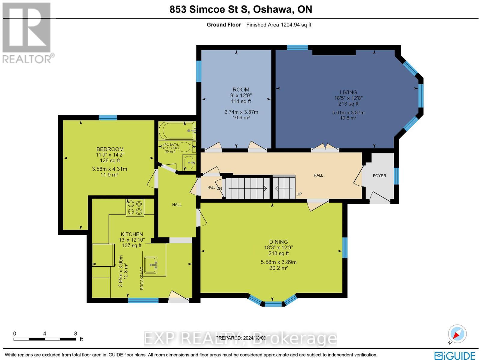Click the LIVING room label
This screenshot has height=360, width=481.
[x=348, y=93]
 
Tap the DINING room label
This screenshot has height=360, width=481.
[x=278, y=242]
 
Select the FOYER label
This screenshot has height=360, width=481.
[x=379, y=176]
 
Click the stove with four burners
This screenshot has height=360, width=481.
[x=135, y=208]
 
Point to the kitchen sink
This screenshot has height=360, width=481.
[x=151, y=265]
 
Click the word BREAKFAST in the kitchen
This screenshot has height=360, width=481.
[x=142, y=279]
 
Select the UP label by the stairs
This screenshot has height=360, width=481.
[x=299, y=194]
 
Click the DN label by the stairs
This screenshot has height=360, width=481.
[x=219, y=188]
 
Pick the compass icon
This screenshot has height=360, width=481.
[x=457, y=334]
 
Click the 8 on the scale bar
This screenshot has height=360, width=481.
[x=75, y=334]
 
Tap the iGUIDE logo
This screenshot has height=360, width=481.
[x=455, y=355]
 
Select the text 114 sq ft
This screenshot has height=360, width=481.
[x=241, y=101]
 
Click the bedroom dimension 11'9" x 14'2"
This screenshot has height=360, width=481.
[x=110, y=155]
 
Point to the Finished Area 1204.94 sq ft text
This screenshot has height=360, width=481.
[x=279, y=25]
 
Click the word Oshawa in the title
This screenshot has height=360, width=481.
[x=273, y=9]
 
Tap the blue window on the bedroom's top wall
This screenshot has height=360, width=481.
[x=108, y=117]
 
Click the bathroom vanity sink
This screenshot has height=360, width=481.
[x=189, y=162]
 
